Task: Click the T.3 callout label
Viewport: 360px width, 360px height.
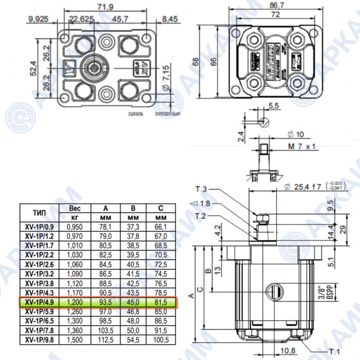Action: [201, 189]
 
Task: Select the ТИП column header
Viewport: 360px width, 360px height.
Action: [40, 212]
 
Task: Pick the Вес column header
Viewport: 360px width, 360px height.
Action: [75, 208]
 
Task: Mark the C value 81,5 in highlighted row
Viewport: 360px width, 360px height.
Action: [162, 302]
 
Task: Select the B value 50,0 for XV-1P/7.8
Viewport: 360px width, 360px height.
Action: [133, 330]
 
